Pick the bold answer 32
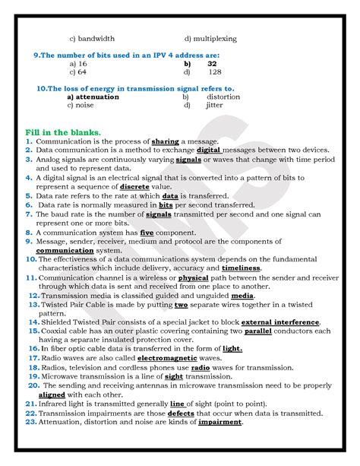(212, 64)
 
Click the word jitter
(215, 105)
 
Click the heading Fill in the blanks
(64, 132)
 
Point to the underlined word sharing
(165, 141)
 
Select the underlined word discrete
(133, 186)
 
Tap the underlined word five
(147, 232)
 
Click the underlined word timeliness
(240, 268)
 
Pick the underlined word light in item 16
(232, 349)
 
